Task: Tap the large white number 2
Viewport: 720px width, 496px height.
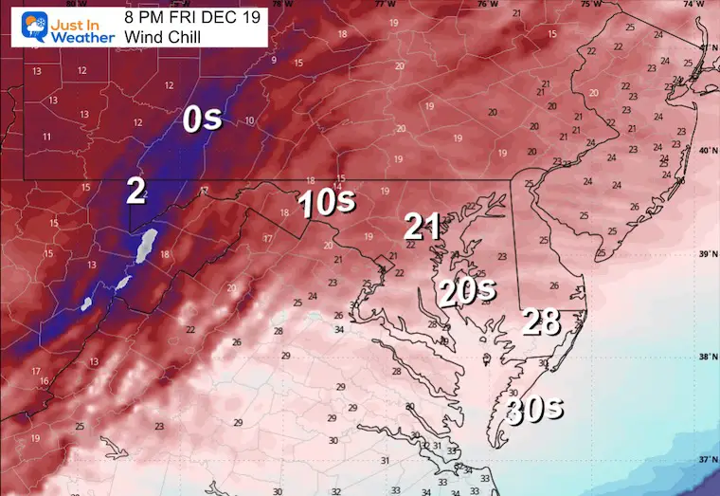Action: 136,192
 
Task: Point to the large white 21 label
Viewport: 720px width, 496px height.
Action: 422,226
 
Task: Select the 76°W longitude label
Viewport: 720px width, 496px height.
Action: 488,5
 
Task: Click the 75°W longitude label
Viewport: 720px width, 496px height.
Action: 590,5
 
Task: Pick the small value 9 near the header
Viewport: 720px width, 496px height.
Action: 274,61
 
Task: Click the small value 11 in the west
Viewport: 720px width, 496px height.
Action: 46,137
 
